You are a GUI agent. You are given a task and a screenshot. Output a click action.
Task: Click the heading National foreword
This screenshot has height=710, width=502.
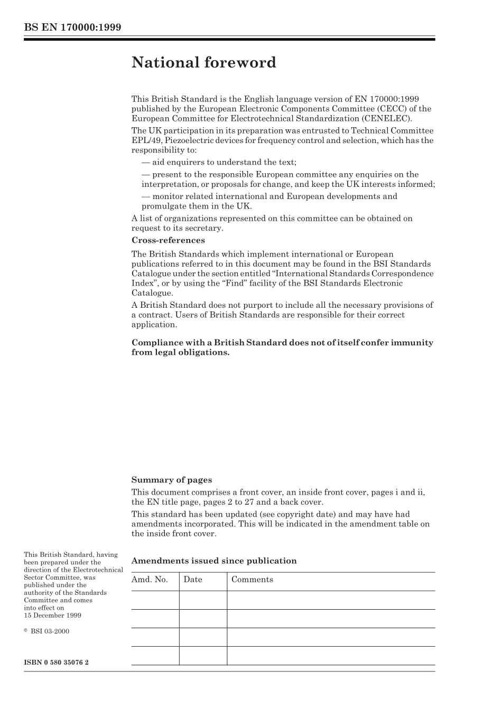[203, 62]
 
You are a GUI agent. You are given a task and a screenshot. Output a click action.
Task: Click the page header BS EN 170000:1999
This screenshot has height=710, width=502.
[72, 27]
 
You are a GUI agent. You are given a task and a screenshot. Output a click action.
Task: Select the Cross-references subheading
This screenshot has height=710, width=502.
[168, 240]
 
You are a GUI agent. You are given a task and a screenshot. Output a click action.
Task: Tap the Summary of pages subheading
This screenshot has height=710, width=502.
[171, 480]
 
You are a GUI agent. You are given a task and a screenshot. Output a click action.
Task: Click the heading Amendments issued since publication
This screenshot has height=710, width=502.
[213, 561]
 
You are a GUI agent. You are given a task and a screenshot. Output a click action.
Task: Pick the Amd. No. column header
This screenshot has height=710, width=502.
[150, 580]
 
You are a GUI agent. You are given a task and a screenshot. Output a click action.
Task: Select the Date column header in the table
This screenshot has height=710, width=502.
[193, 580]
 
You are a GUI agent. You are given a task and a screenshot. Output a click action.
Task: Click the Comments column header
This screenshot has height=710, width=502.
[252, 580]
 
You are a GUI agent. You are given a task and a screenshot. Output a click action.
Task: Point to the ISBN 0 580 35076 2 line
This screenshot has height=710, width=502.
[56, 662]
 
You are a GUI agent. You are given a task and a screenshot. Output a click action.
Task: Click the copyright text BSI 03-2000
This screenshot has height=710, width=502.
[50, 631]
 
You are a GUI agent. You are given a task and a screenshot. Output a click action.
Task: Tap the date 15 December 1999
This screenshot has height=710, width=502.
[52, 615]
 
